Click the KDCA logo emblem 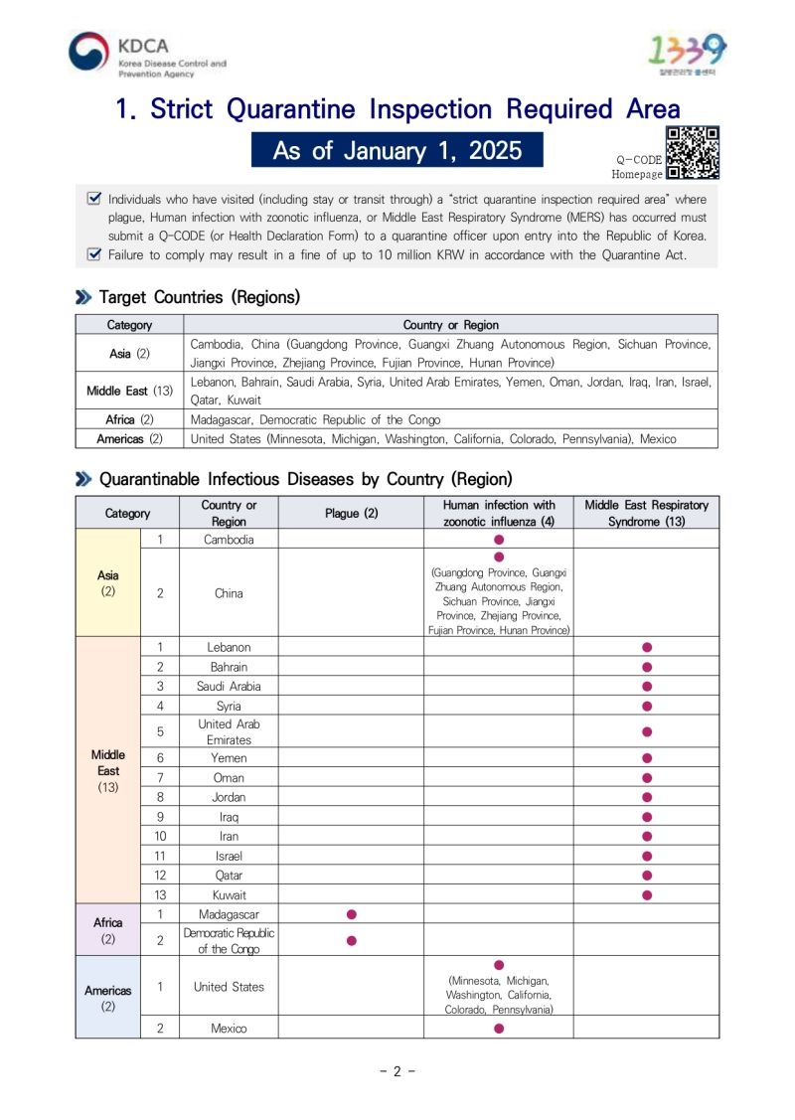point(89,54)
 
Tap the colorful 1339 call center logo point(687,50)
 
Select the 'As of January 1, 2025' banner point(397,150)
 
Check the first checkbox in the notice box point(94,198)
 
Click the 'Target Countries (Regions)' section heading point(199,297)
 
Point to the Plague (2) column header point(351,513)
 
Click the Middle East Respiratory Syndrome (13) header point(646,513)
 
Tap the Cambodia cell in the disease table point(229,539)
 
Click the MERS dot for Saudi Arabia point(647,686)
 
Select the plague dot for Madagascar point(351,913)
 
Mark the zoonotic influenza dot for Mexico point(499,1029)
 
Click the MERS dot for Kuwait point(647,894)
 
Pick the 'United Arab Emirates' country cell point(229,731)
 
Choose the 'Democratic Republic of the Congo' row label point(229,940)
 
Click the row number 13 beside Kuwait point(160,894)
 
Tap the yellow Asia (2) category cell point(108,583)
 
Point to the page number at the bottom point(397,1071)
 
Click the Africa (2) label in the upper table point(129,419)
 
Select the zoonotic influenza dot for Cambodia point(499,539)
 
